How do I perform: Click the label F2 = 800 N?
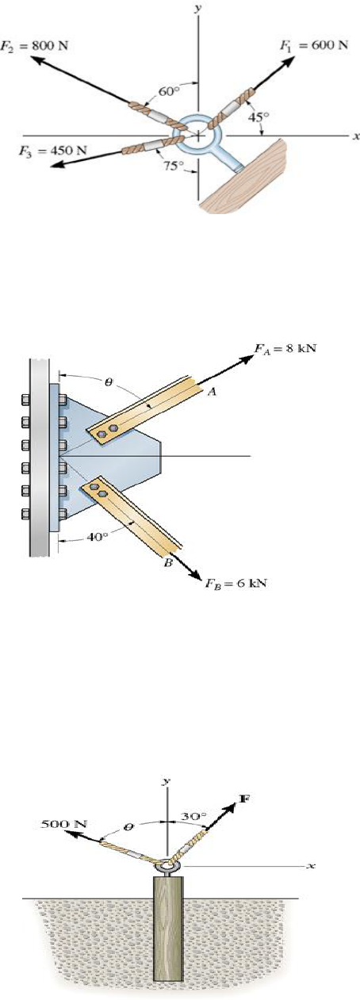[x=35, y=46]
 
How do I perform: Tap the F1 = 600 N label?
[x=313, y=45]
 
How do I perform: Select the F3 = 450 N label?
[x=52, y=150]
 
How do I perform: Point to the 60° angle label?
[x=169, y=91]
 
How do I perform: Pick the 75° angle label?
[x=174, y=166]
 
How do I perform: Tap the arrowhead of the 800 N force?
[x=37, y=61]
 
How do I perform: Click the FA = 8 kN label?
[x=285, y=349]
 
